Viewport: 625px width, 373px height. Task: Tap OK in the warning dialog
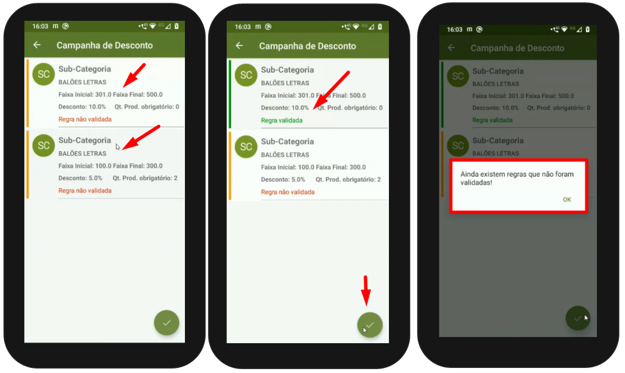567,200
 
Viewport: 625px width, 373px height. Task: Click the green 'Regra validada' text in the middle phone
282,120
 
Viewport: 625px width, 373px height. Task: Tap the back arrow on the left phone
37,45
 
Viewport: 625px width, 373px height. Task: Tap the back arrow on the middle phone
239,46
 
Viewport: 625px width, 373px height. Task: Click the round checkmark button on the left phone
166,323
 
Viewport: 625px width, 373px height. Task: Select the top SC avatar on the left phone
43,74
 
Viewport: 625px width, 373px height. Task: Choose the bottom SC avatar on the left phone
43,146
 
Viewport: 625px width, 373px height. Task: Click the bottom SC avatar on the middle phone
246,147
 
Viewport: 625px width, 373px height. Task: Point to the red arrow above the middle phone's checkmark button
366,290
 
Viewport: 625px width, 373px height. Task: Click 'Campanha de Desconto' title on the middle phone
307,46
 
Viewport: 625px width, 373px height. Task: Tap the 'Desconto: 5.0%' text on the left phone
80,178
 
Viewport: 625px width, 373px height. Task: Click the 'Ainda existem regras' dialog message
517,178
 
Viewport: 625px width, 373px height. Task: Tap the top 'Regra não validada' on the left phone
85,119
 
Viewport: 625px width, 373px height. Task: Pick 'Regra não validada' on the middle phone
288,192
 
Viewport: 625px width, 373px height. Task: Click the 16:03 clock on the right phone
454,29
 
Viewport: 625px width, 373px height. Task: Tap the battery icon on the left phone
176,26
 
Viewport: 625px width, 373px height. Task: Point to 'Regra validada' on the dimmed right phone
492,120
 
